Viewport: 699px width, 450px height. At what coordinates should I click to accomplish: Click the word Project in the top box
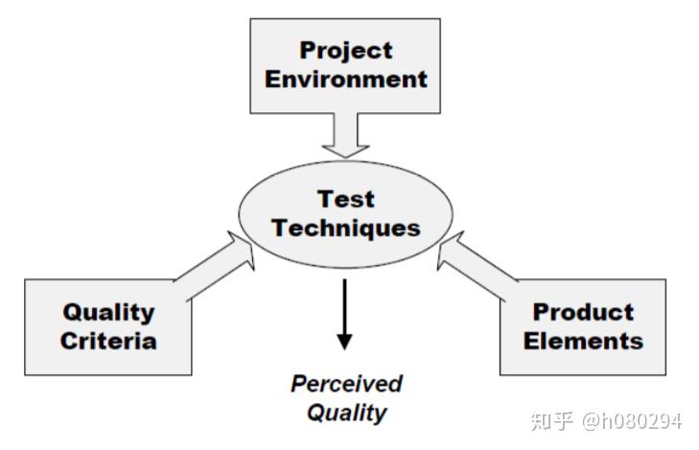pyautogui.click(x=346, y=50)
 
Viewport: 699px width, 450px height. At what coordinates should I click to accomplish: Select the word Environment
pyautogui.click(x=346, y=79)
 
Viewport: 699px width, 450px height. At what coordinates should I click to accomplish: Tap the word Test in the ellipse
pyautogui.click(x=346, y=200)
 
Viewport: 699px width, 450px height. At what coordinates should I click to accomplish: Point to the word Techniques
pyautogui.click(x=346, y=228)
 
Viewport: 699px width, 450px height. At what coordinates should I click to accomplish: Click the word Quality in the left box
pyautogui.click(x=108, y=311)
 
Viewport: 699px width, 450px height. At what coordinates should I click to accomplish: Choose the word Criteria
pyautogui.click(x=108, y=340)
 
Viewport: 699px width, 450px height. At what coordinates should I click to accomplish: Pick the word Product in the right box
pyautogui.click(x=583, y=311)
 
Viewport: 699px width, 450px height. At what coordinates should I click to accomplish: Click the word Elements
pyautogui.click(x=583, y=340)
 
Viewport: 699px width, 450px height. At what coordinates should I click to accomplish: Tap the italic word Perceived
pyautogui.click(x=346, y=384)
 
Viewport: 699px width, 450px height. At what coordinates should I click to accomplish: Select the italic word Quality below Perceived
pyautogui.click(x=346, y=414)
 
